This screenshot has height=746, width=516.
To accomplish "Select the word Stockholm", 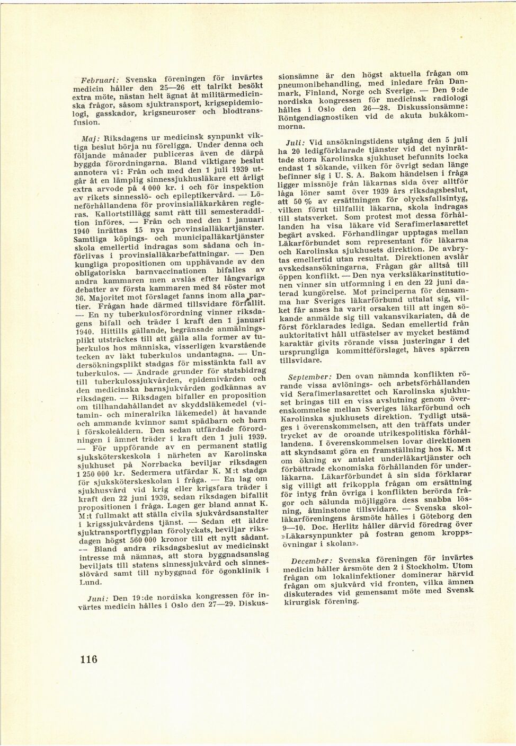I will [x=424, y=569].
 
